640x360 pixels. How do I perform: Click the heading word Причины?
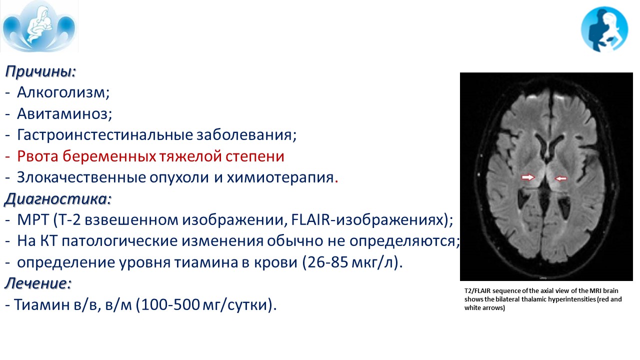[40, 71]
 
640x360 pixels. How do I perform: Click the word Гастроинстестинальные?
[105, 135]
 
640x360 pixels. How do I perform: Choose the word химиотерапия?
[280, 177]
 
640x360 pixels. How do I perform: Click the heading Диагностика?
[57, 199]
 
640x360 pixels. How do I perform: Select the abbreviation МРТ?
[33, 220]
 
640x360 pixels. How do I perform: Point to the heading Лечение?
[37, 283]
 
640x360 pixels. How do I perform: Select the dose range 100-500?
[170, 304]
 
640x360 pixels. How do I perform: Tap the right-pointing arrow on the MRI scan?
[527, 177]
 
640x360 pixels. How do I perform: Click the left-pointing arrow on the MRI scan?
[561, 178]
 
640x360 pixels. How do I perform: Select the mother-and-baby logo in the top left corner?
[39, 26]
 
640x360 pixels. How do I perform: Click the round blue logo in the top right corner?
[604, 29]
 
